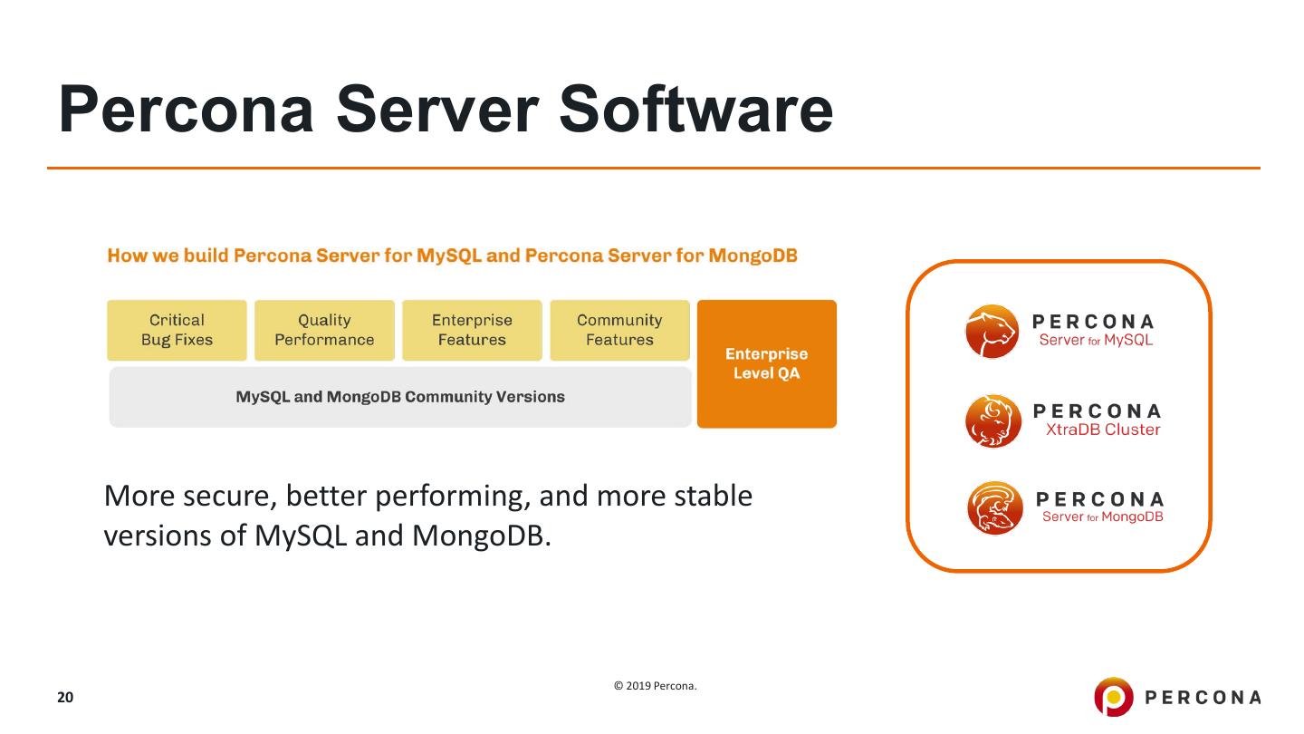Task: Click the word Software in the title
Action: pos(695,109)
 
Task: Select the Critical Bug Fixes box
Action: pos(177,330)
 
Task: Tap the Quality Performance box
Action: pos(324,330)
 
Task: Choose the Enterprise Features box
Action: pos(472,330)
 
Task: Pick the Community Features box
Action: pos(619,330)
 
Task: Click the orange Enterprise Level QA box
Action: pos(766,363)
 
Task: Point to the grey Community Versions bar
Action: pos(399,397)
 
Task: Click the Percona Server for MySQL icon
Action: pos(992,331)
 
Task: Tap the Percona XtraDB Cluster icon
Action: pos(992,420)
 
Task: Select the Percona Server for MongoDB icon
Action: pos(994,507)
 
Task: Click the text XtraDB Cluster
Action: pos(1102,430)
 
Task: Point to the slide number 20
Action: pos(65,697)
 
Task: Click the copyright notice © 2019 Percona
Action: pos(656,686)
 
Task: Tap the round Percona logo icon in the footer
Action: pos(1113,696)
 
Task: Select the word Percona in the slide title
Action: pos(187,109)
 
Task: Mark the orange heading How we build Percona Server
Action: pos(452,256)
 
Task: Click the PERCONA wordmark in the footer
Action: pos(1203,697)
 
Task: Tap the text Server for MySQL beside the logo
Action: pos(1096,341)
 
